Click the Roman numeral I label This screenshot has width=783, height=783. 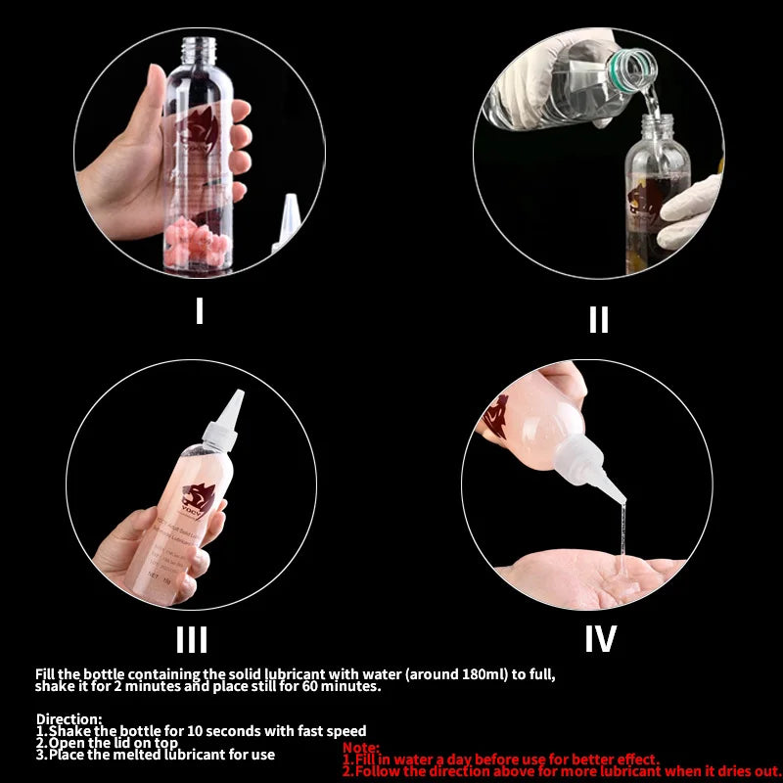point(200,311)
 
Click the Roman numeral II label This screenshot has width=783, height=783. point(598,320)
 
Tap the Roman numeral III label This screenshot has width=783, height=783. point(192,639)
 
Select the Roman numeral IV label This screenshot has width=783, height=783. point(600,639)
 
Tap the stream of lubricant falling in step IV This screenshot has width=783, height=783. point(618,533)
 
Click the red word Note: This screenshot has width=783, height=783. point(361,748)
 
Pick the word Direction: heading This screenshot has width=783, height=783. point(69,718)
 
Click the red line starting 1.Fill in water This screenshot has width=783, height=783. point(500,760)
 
